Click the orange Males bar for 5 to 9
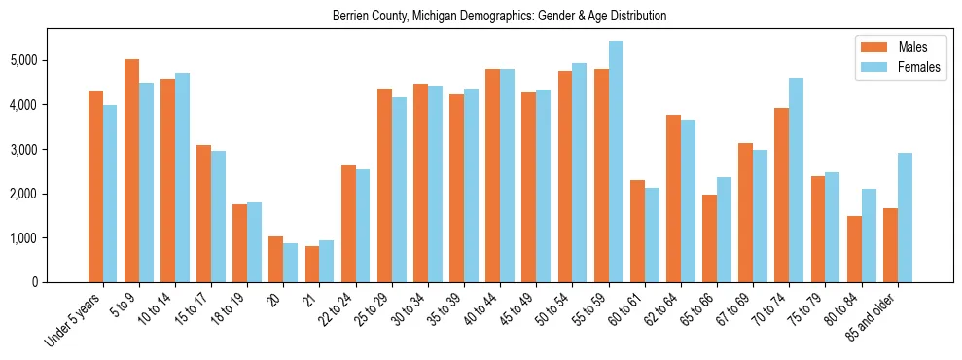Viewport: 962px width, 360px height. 131,170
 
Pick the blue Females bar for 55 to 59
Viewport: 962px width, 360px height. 616,162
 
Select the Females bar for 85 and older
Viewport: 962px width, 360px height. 905,217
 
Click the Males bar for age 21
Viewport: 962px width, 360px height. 312,264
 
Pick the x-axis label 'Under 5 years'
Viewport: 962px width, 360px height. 73,318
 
